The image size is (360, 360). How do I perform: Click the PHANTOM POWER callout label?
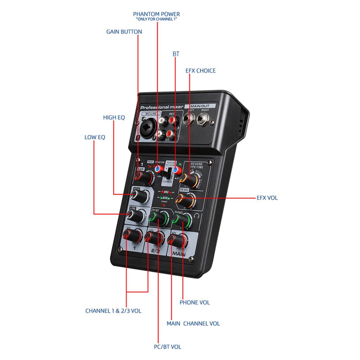click(156, 14)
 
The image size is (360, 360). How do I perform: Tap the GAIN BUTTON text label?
click(124, 32)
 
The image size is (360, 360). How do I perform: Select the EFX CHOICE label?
click(200, 71)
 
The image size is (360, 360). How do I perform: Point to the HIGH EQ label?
click(114, 117)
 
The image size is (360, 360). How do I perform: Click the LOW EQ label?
click(95, 137)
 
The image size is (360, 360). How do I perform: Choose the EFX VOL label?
click(267, 198)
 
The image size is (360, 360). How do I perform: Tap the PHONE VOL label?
click(194, 302)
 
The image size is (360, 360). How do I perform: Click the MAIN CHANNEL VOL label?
click(193, 323)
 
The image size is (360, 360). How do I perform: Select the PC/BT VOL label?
click(167, 347)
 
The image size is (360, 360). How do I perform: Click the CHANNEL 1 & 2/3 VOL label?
click(113, 311)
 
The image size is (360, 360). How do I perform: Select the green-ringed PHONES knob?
click(181, 221)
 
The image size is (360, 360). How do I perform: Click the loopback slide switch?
click(168, 174)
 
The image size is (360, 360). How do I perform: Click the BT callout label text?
click(176, 54)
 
